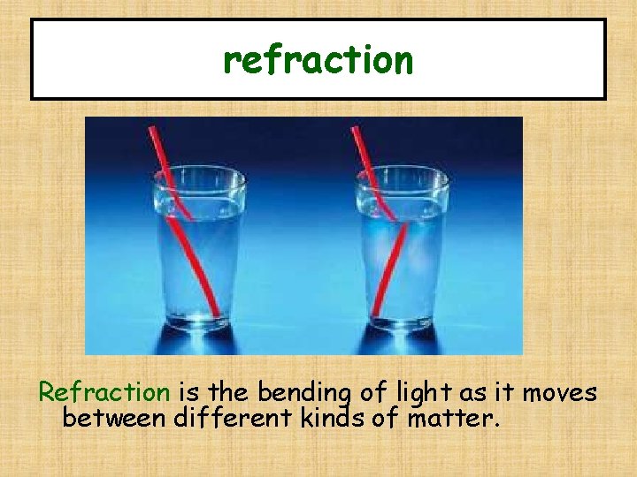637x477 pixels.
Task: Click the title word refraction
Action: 318,60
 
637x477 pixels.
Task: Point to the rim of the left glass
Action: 199,172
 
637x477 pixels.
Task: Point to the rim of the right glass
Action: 401,172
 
